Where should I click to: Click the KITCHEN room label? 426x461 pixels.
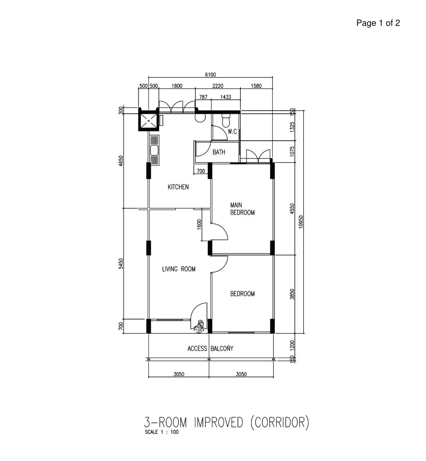click(x=178, y=187)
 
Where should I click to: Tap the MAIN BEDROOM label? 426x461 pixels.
click(x=242, y=209)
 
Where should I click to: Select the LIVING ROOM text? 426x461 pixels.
click(x=178, y=269)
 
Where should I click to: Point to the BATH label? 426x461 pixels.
click(x=219, y=152)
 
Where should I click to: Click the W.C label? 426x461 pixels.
click(x=232, y=132)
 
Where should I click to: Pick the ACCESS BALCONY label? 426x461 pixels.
click(x=210, y=348)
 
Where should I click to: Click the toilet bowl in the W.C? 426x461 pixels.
click(x=226, y=120)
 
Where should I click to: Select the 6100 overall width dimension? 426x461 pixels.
click(x=210, y=74)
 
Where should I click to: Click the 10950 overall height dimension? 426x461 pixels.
click(x=301, y=222)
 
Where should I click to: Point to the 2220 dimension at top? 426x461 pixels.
click(x=218, y=86)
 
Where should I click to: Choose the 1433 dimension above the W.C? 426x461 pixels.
click(x=225, y=97)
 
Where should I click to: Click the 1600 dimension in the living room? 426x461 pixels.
click(x=199, y=225)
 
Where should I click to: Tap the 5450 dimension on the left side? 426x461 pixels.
click(x=121, y=264)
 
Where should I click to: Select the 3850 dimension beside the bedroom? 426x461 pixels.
click(x=292, y=294)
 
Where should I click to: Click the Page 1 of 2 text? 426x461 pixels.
click(x=378, y=23)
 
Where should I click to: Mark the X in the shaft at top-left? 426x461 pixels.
click(x=148, y=121)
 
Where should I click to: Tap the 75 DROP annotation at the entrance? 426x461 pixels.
click(x=199, y=326)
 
